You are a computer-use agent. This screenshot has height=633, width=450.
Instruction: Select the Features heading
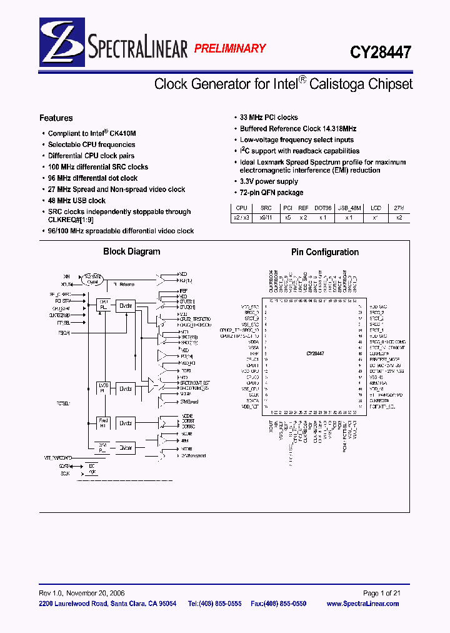tap(56, 118)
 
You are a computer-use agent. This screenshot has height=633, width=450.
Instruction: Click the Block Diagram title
tap(131, 251)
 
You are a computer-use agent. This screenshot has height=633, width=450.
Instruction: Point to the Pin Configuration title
tap(325, 252)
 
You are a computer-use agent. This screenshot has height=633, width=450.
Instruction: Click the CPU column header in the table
tap(241, 208)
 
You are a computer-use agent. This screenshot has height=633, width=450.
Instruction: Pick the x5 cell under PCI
tap(287, 218)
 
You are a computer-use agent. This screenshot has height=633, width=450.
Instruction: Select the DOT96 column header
tap(322, 208)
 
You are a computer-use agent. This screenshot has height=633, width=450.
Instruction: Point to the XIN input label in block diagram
tap(66, 276)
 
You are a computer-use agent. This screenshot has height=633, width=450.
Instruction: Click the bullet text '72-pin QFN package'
tap(271, 193)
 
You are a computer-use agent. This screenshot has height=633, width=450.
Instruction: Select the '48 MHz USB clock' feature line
tap(77, 201)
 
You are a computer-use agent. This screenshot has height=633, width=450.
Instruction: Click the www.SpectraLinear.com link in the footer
tap(371, 604)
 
